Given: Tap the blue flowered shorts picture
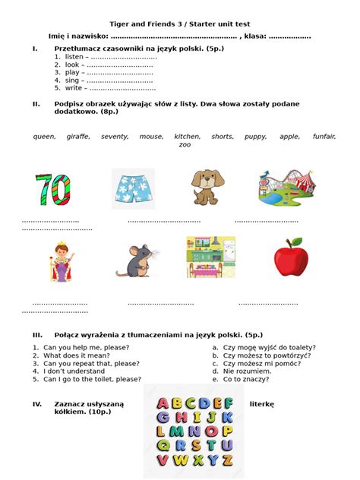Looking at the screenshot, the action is [x=133, y=189].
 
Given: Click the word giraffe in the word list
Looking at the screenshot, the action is [x=78, y=137].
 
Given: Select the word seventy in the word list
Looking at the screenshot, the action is [x=115, y=137].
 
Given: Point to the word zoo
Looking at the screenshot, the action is [x=185, y=144].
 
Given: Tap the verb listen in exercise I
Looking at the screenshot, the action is [x=74, y=57].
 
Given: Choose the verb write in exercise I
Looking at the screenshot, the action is [x=74, y=87].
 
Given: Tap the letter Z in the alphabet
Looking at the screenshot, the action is [x=227, y=460].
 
